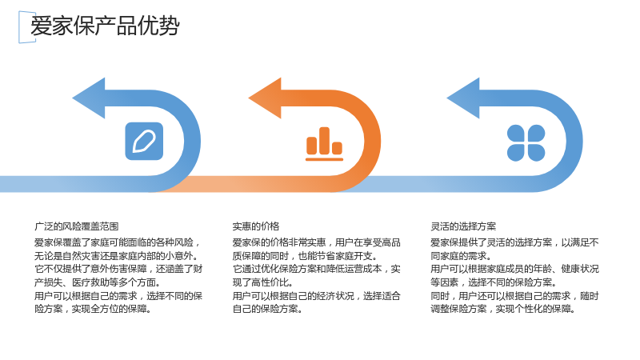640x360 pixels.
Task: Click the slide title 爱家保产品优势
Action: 105,26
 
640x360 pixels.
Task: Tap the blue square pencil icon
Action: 144,142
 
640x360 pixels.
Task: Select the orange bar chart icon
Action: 325,144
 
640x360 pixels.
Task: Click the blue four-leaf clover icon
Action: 526,143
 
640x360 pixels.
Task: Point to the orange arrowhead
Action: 266,98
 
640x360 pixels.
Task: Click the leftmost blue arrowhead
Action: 89,98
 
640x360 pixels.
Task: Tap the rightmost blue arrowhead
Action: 463,98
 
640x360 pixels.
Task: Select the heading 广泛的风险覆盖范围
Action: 76,226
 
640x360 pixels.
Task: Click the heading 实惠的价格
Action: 256,226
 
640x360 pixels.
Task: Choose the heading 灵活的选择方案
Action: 463,226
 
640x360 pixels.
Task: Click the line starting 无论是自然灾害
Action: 117,256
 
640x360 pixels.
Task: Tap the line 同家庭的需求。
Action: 462,256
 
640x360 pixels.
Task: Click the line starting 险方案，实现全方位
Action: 94,309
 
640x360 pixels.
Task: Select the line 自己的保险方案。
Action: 268,309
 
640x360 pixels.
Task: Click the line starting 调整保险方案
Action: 503,309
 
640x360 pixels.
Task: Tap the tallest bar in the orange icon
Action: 325,141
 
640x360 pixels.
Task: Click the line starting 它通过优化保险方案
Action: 316,269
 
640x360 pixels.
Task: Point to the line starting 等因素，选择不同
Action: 494,282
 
